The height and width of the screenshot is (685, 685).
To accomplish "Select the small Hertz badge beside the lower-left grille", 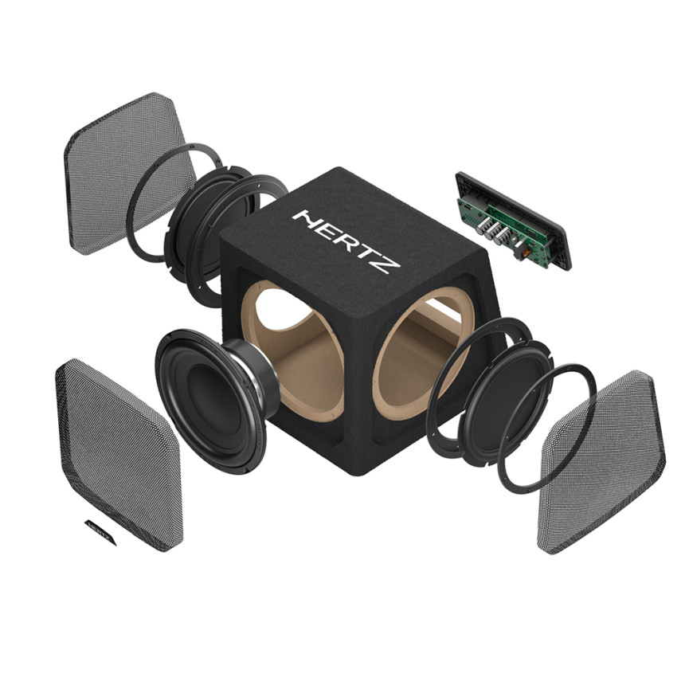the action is (101, 531).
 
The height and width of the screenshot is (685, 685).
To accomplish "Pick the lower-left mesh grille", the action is (118, 454).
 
